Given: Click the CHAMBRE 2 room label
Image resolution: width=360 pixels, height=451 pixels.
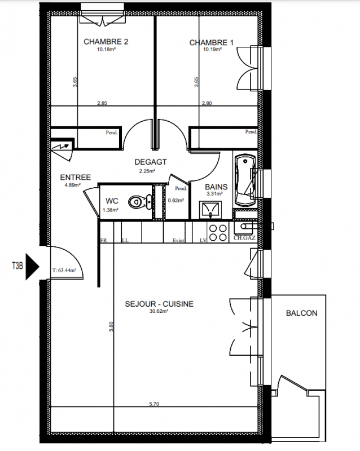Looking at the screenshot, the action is point(106,42).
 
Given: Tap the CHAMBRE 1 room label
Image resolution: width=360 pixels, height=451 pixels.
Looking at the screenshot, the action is point(212,43).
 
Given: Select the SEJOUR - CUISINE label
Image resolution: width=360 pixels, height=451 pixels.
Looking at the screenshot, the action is point(159,304).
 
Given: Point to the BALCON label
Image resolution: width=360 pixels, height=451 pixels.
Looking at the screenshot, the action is point(301,313).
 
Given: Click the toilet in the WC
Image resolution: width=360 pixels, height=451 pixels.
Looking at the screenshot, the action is point(140,202).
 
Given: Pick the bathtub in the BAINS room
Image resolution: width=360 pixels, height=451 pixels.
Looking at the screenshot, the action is point(245,180).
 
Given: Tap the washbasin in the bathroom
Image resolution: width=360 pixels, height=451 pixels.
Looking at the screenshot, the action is point(210,209).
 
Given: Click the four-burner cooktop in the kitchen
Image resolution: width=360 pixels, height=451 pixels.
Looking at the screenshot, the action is point(218,233).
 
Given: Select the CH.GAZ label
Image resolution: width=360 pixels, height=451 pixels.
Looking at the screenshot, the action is point(244,238).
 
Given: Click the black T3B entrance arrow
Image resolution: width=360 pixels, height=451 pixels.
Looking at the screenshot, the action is point(32,266).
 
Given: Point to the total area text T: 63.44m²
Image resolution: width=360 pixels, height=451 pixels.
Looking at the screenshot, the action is point(64,270).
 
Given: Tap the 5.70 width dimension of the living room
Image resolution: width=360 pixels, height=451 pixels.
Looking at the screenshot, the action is point(154,404).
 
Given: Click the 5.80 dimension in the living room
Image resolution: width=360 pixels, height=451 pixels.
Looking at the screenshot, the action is point(111,326).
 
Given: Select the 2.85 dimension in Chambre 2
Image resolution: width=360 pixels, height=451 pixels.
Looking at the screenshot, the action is point(102,103).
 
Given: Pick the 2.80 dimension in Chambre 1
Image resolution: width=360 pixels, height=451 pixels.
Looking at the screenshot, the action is point(207,103).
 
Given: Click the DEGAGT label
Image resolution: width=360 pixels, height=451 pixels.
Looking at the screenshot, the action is point(151,162).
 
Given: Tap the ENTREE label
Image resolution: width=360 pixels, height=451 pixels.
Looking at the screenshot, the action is point(76,177).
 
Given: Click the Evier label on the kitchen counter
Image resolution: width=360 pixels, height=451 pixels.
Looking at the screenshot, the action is point(178,240).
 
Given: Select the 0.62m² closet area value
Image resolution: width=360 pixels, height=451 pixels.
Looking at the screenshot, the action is point(176,200).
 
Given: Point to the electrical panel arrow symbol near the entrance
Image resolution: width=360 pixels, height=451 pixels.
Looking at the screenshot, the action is point(62,147).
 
